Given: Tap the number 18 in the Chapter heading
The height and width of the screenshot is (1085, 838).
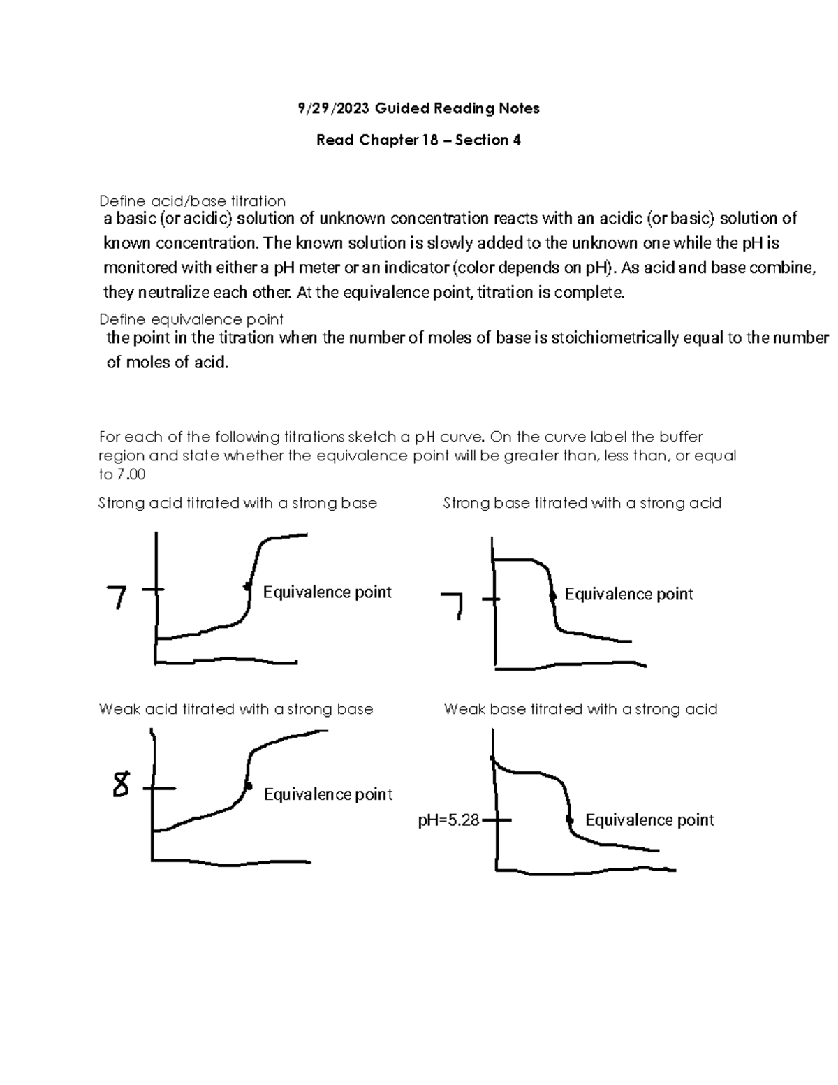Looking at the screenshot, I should pos(429,140).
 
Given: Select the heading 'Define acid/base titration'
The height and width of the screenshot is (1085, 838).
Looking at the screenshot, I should pos(192,201).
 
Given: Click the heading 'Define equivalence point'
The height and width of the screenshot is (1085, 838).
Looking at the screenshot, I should pos(191,320).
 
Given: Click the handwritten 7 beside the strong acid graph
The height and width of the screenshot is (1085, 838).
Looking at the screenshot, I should pos(117,598).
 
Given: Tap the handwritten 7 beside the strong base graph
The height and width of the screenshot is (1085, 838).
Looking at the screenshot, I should pos(453,605).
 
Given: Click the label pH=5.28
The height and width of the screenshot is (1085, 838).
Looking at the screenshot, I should pos(448,820).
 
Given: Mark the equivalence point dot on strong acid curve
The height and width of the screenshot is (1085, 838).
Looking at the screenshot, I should pos(247,586).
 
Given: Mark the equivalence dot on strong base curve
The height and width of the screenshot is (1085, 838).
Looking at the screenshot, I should pos(553,596).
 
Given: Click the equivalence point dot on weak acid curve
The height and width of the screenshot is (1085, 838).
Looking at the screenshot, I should pos(248,787).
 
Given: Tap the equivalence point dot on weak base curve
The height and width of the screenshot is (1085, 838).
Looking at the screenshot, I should pos(570,820).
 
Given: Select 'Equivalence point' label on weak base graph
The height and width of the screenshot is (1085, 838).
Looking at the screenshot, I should pos(649,820).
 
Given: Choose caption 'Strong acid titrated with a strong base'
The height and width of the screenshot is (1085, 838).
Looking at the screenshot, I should pos(237,503).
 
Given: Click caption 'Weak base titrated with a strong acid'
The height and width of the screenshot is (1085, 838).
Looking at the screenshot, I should pos(580,709).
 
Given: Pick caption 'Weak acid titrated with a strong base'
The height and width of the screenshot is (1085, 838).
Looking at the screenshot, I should pos(235,709).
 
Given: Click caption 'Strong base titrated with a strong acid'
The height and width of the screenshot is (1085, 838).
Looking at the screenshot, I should pos(582,503).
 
